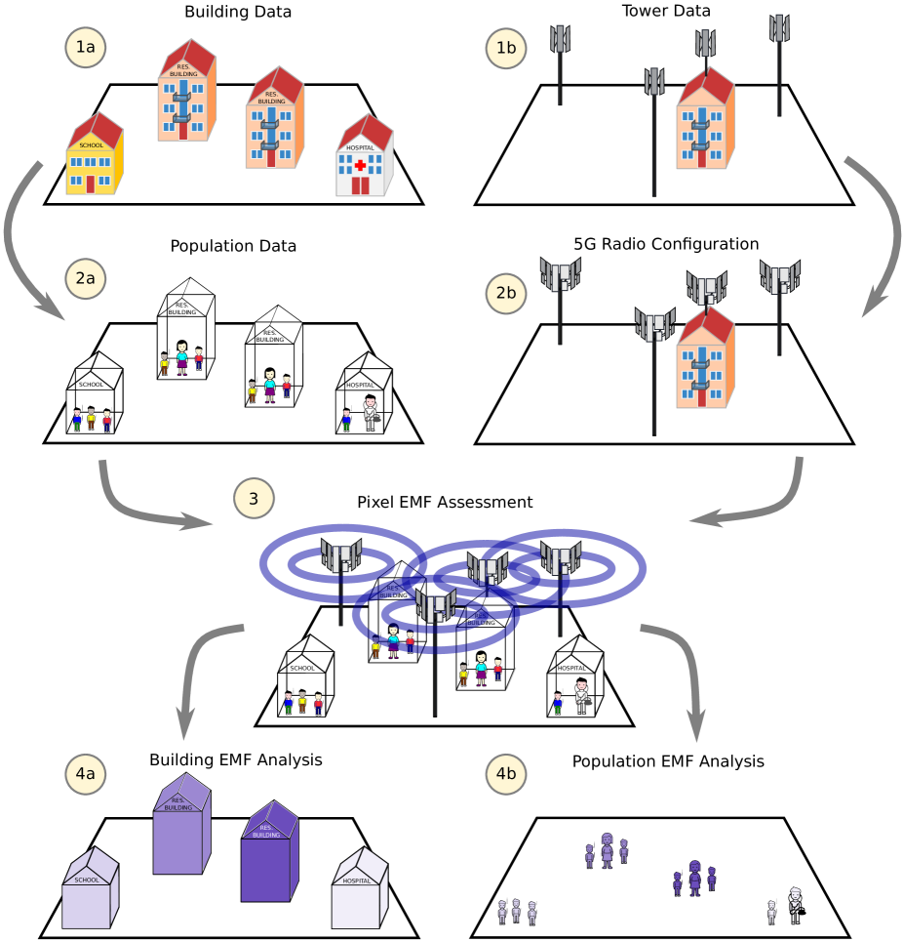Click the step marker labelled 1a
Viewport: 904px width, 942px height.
(x=86, y=47)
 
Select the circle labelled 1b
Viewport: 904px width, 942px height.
(x=507, y=47)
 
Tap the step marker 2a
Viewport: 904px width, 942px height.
(x=86, y=278)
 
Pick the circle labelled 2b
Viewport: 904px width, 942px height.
(x=507, y=293)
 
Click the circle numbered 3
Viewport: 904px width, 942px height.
(x=255, y=499)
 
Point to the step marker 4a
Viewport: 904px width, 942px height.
(x=86, y=774)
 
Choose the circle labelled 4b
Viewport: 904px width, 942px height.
(x=507, y=774)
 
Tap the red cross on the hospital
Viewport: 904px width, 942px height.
(x=360, y=166)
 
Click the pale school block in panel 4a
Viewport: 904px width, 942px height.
(x=90, y=889)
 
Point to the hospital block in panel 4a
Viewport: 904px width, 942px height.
(x=359, y=889)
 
